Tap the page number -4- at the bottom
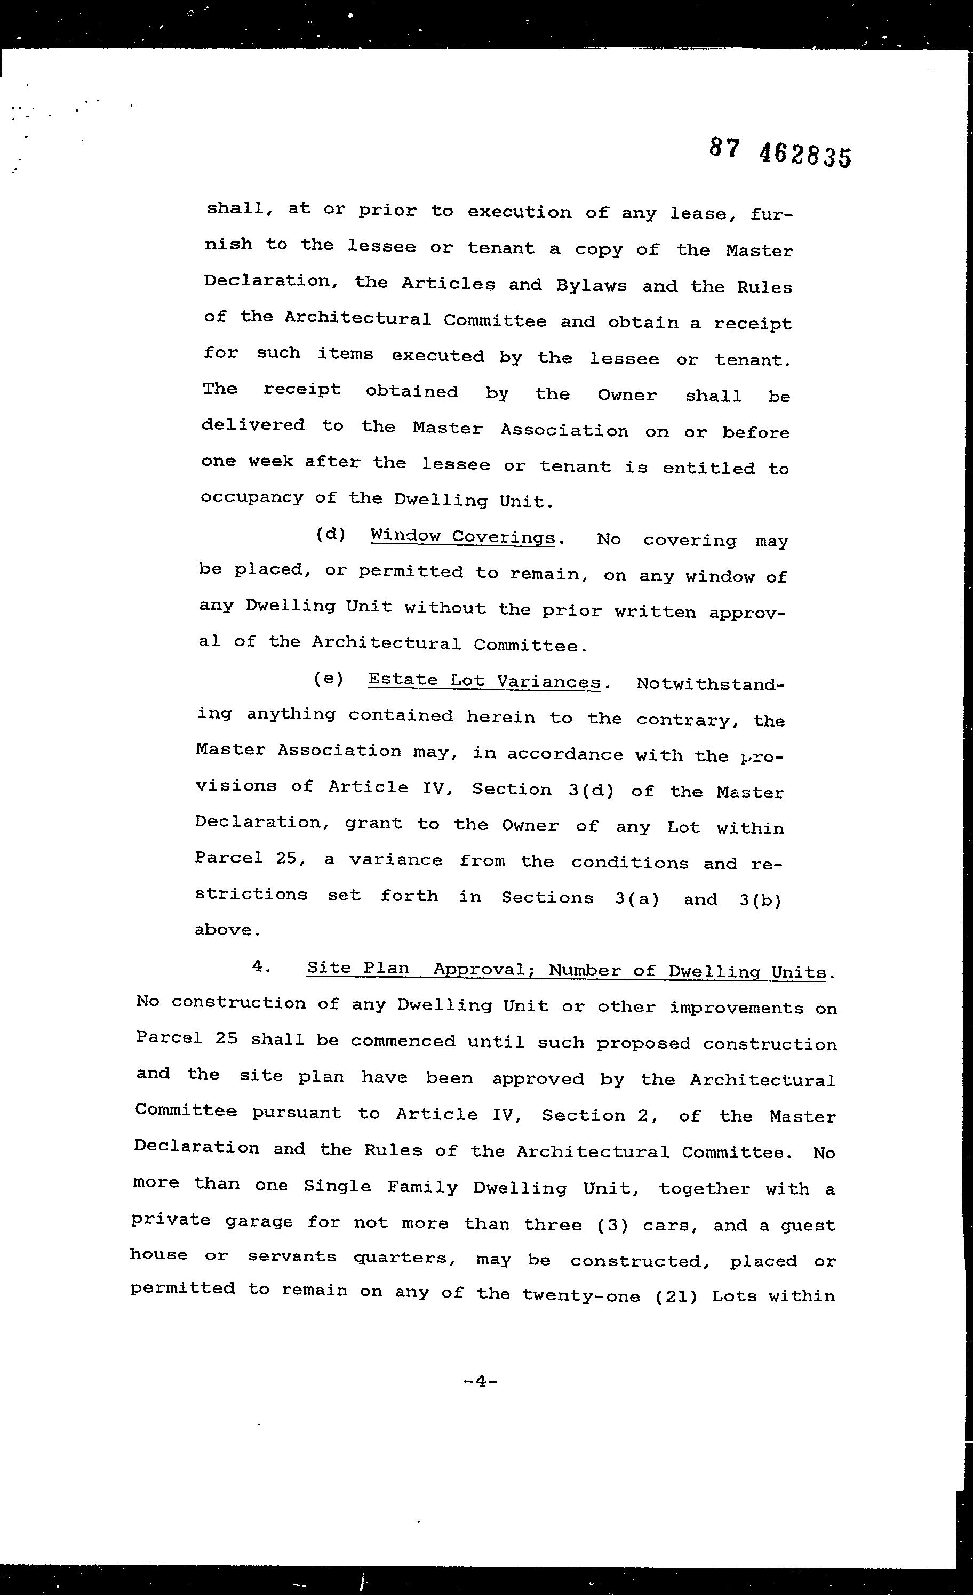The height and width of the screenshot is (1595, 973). pyautogui.click(x=481, y=1381)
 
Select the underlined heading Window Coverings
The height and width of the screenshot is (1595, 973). pyautogui.click(x=462, y=537)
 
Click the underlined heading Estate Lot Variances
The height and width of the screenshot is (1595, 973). pyautogui.click(x=484, y=681)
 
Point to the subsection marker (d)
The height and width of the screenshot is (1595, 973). pyautogui.click(x=330, y=535)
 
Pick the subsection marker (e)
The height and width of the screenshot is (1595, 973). pyautogui.click(x=328, y=679)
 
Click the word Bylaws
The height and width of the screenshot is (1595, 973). pyautogui.click(x=592, y=286)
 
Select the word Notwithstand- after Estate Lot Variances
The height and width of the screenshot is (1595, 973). pyautogui.click(x=710, y=684)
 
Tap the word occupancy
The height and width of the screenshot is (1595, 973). pyautogui.click(x=252, y=497)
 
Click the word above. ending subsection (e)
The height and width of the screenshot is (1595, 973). pyautogui.click(x=227, y=930)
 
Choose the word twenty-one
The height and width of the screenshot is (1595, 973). pyautogui.click(x=581, y=1296)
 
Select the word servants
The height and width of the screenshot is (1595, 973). pyautogui.click(x=292, y=1256)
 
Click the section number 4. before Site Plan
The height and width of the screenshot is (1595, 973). pyautogui.click(x=260, y=966)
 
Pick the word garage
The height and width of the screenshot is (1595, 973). pyautogui.click(x=257, y=1221)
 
